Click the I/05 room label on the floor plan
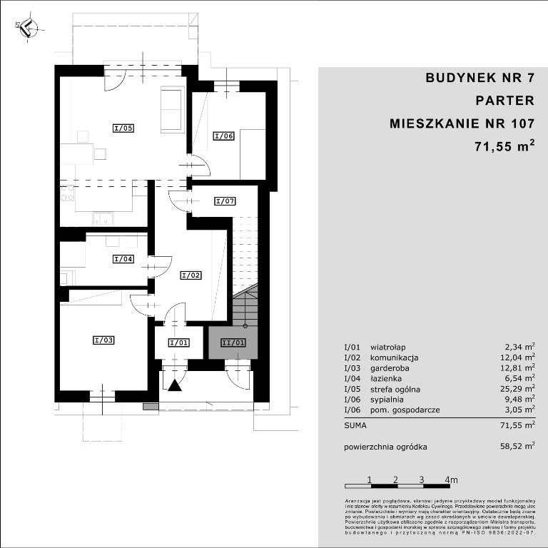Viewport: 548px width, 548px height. click(x=124, y=128)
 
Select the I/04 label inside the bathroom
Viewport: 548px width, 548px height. click(x=123, y=259)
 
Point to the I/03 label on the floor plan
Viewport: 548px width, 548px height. click(x=104, y=340)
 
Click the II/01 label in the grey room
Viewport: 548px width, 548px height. click(x=233, y=342)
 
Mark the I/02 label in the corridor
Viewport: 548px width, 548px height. click(x=191, y=275)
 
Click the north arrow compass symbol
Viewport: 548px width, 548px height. click(x=26, y=29)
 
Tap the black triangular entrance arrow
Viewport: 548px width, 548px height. click(x=174, y=385)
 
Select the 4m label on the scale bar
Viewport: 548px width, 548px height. click(x=451, y=479)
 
